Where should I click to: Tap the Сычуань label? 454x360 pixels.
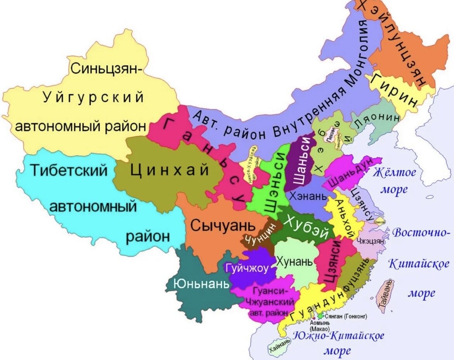[223, 225]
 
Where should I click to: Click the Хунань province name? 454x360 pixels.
[294, 261]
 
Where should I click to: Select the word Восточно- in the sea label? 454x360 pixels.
[421, 233]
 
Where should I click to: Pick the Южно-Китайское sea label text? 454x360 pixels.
[339, 336]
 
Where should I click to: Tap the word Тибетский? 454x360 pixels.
[69, 170]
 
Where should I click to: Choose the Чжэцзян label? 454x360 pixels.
[372, 241]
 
